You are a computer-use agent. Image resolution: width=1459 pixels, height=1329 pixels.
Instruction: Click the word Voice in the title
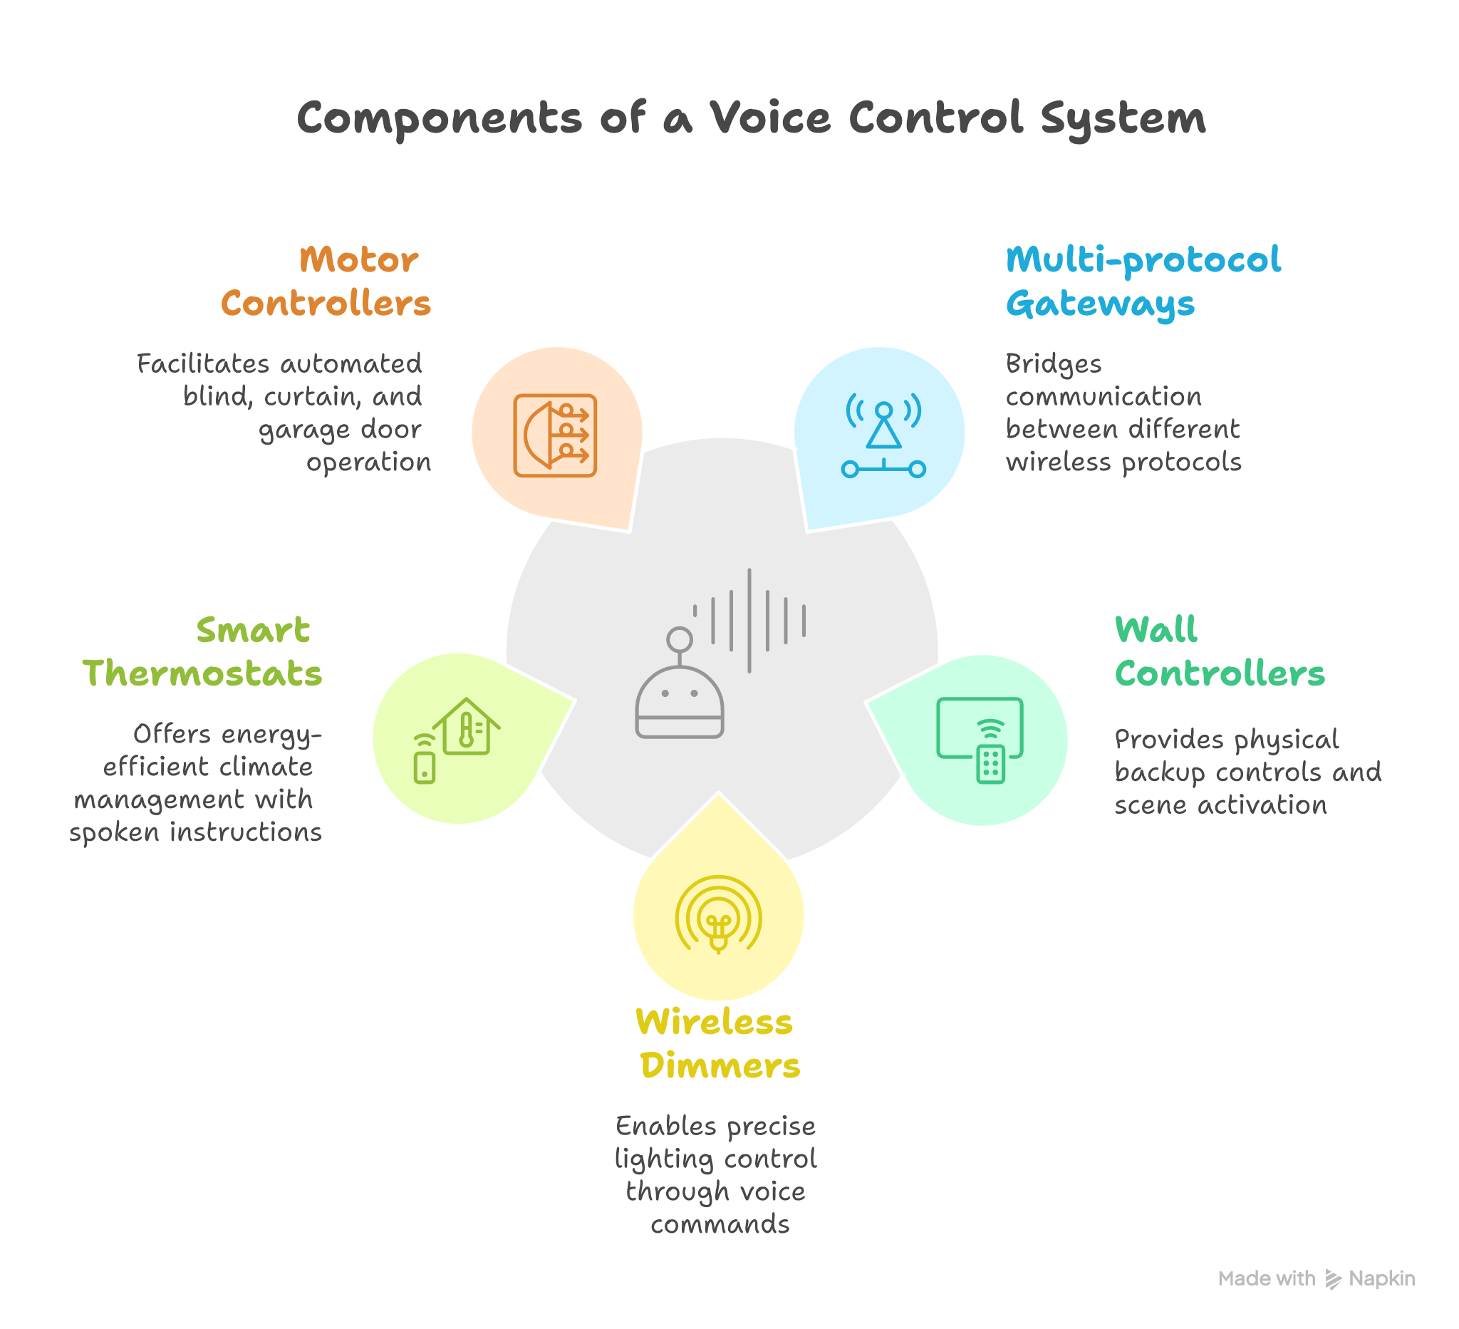click(x=769, y=118)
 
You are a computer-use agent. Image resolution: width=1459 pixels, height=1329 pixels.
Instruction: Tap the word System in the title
click(x=1123, y=119)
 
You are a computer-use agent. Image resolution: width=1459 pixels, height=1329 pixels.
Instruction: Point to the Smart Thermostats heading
click(x=202, y=651)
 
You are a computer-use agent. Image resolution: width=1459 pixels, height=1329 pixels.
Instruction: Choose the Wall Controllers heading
click(x=1220, y=651)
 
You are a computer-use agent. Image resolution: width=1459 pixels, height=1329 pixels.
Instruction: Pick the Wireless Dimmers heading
click(x=718, y=1044)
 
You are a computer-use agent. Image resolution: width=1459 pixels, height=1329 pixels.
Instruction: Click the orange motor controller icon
click(x=555, y=436)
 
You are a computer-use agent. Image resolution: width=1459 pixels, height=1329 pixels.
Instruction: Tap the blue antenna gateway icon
click(x=883, y=436)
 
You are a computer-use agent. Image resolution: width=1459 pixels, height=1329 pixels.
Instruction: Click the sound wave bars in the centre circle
click(x=749, y=621)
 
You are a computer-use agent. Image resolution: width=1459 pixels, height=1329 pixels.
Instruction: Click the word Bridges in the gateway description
click(x=1053, y=364)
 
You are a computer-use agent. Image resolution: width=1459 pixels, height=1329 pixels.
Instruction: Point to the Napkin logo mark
click(x=1333, y=1279)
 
